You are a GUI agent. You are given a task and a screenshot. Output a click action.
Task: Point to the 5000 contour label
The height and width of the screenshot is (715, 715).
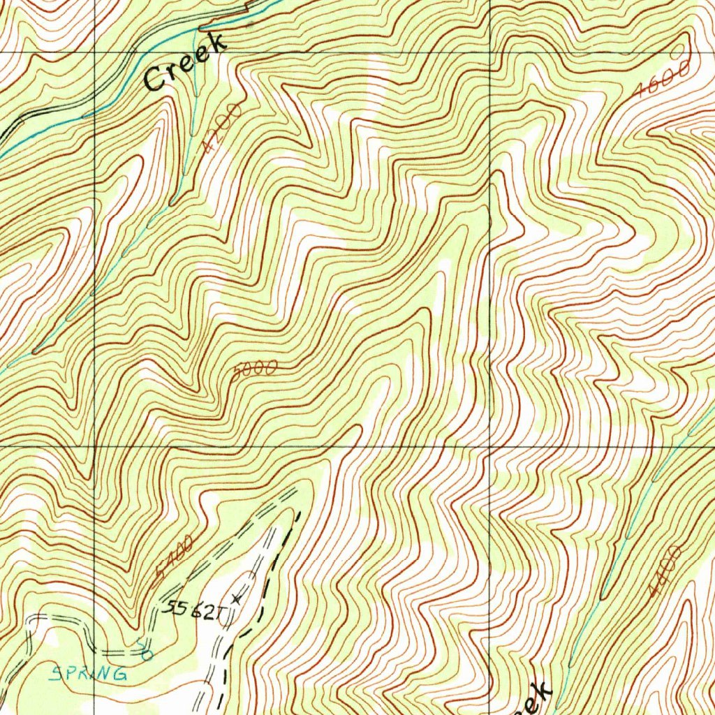pos(255,371)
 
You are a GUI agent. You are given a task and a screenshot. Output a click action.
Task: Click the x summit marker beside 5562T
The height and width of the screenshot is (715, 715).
pos(237,598)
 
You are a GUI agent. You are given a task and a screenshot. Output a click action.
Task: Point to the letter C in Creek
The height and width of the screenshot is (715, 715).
pos(154,79)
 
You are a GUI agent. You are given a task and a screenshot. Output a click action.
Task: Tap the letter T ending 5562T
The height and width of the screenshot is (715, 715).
pos(222,614)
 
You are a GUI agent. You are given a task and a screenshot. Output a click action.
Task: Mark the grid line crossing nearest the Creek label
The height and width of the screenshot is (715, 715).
pos(95,52)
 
